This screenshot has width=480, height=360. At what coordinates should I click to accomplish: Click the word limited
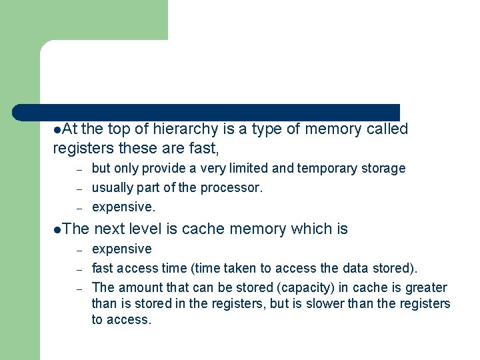point(253,168)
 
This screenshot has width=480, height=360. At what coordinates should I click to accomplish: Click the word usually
point(112,188)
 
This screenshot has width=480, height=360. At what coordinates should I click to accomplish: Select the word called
point(387,129)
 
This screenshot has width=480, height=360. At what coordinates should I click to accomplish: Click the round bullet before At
point(57,129)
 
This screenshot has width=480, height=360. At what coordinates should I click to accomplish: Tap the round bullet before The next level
point(57,229)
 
